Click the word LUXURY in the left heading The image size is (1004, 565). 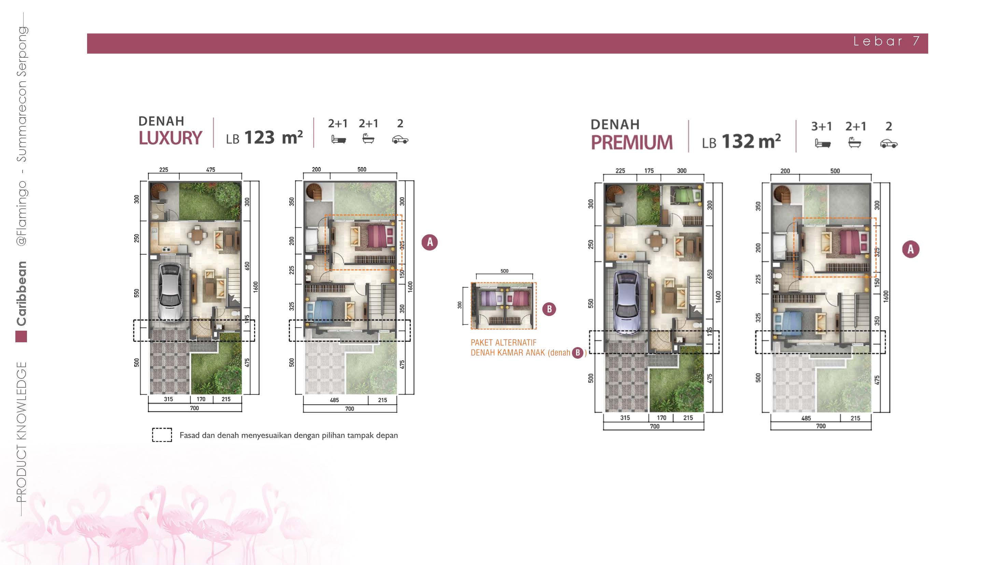tap(170, 138)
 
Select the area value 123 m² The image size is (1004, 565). tap(274, 137)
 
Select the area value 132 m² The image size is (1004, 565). tap(751, 141)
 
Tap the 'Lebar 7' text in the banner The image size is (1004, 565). tap(887, 41)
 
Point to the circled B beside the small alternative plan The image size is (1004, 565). tap(549, 309)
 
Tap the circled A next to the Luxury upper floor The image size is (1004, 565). tap(430, 242)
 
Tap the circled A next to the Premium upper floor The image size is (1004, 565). tap(910, 249)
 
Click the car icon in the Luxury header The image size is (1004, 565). tap(400, 140)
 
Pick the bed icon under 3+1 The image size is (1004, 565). tap(822, 143)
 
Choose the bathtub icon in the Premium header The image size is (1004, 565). tap(855, 142)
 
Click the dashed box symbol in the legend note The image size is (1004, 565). tap(162, 435)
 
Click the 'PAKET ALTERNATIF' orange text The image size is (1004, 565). tap(504, 343)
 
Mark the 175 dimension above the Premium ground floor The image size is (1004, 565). tap(649, 171)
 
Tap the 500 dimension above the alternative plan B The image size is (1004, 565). tap(504, 271)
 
